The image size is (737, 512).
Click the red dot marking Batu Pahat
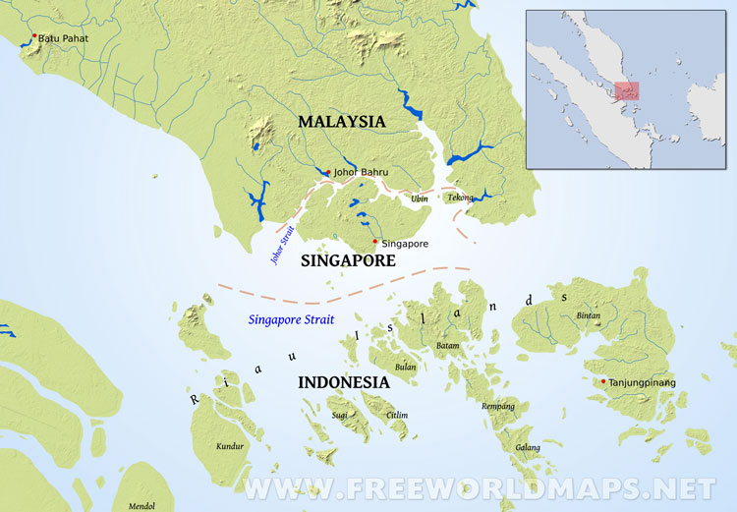coord(34,36)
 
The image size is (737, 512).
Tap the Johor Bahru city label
coord(362,172)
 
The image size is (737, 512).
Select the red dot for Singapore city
coord(375,241)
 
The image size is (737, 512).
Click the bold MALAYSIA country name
coord(342,122)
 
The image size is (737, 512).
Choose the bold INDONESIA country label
coord(343,382)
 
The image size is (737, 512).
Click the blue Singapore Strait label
coord(291,320)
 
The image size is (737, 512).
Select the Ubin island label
coord(420,199)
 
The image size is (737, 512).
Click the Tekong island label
coord(460,198)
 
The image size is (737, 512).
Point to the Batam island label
coord(447,346)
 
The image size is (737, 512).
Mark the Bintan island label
coord(588,315)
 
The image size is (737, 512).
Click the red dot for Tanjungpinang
coord(602,381)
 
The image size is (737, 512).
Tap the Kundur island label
coord(229,447)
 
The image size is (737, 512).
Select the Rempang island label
coord(498,406)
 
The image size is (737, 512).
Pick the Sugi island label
coord(340,416)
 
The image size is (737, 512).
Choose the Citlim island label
coord(397,416)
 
